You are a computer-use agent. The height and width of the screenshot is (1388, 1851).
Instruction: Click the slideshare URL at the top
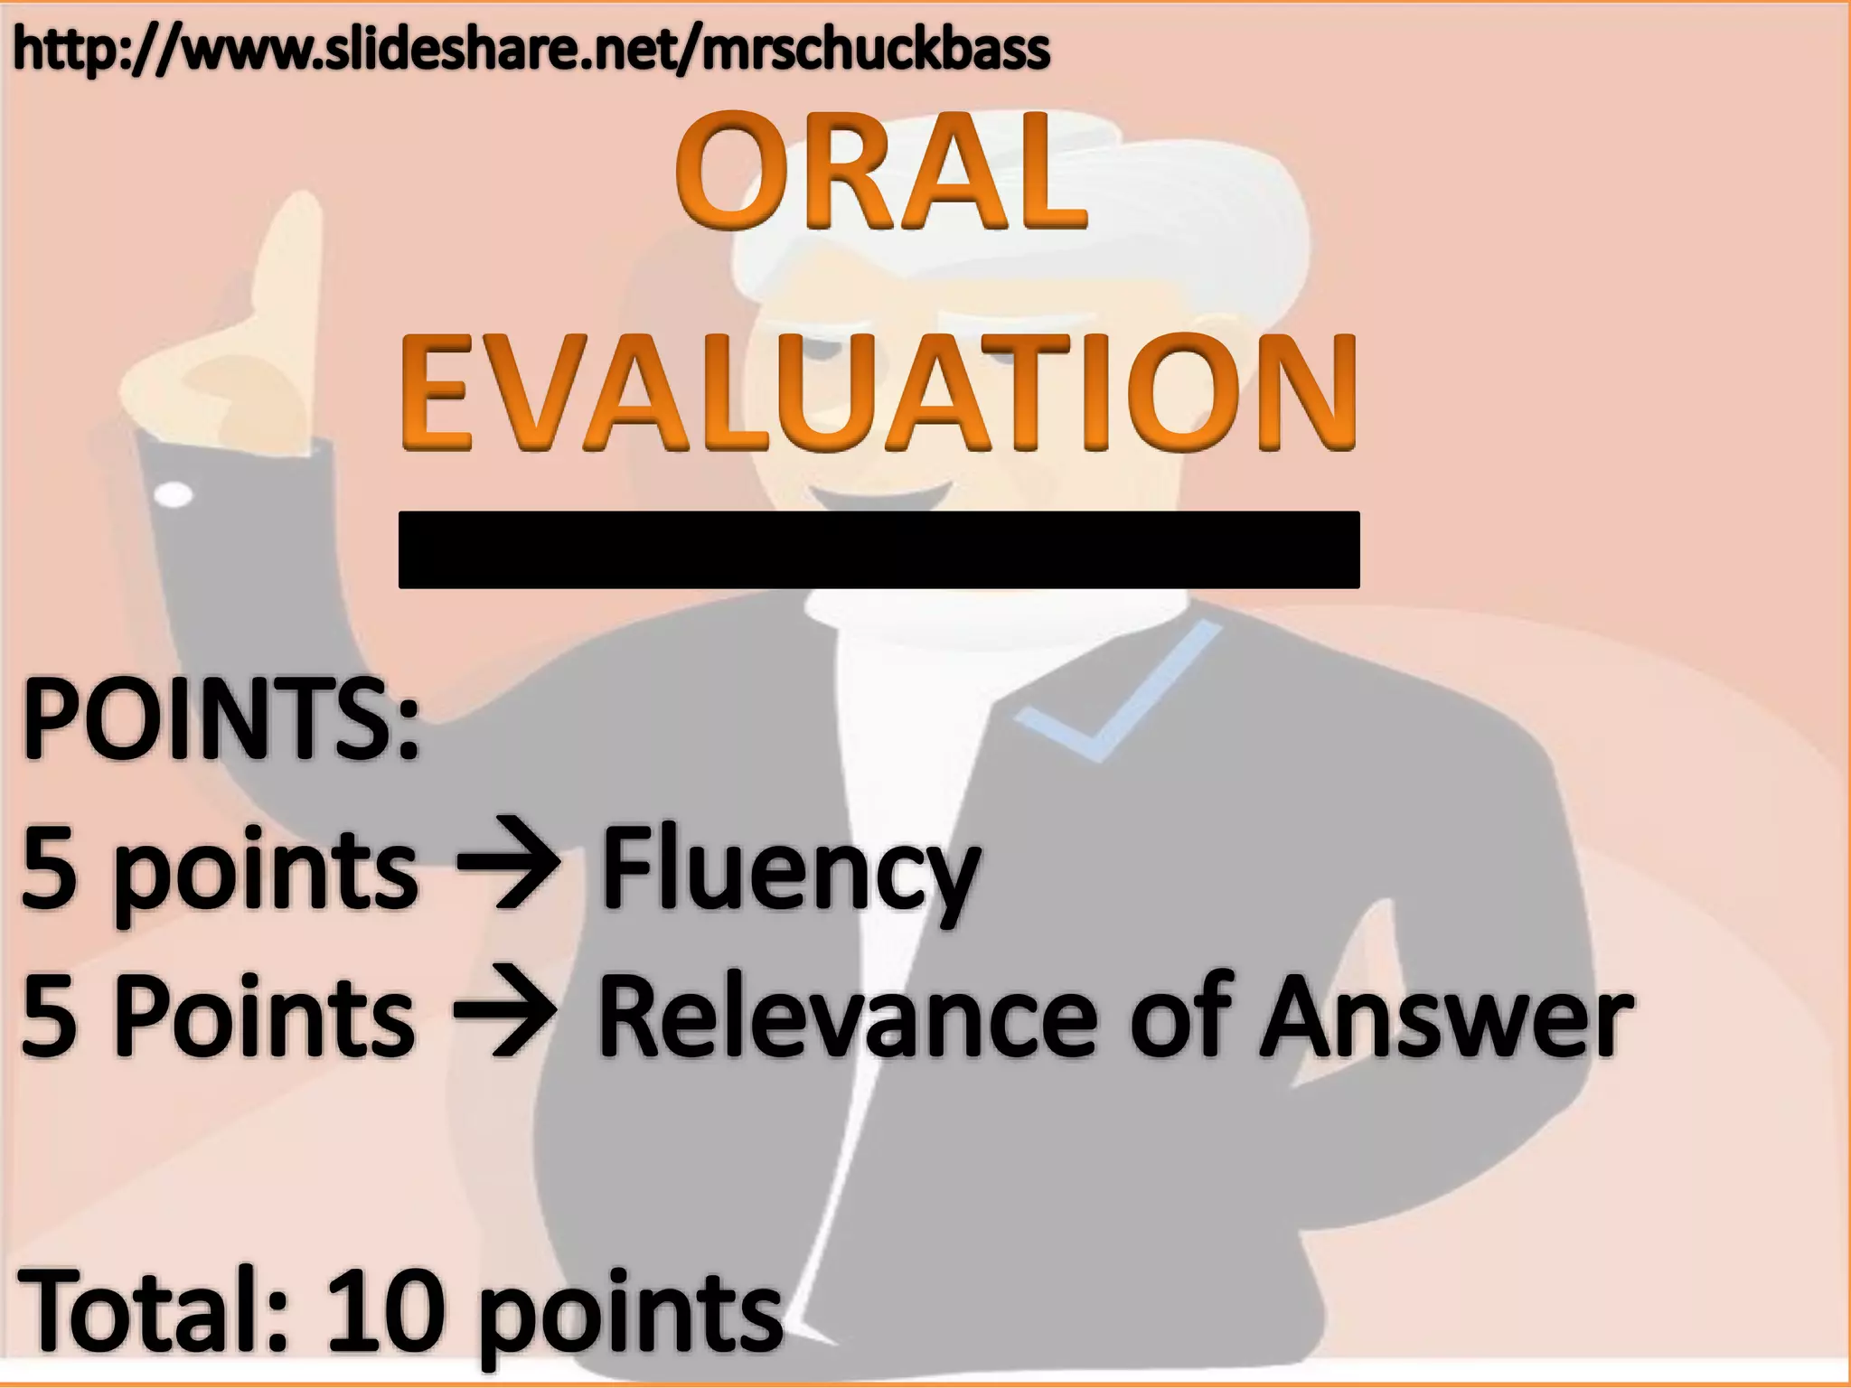pyautogui.click(x=531, y=50)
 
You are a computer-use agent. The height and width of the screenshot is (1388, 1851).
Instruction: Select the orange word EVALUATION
pyautogui.click(x=878, y=393)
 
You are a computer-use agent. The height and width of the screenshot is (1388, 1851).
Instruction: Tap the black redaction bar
pyautogui.click(x=879, y=549)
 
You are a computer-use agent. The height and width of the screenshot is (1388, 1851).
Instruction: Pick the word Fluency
pyautogui.click(x=791, y=869)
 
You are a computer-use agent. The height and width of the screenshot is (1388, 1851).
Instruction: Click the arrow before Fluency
pyautogui.click(x=509, y=869)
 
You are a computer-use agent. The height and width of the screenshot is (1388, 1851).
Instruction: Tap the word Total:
pyautogui.click(x=154, y=1310)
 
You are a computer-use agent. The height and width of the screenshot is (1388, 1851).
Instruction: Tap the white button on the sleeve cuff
pyautogui.click(x=174, y=494)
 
